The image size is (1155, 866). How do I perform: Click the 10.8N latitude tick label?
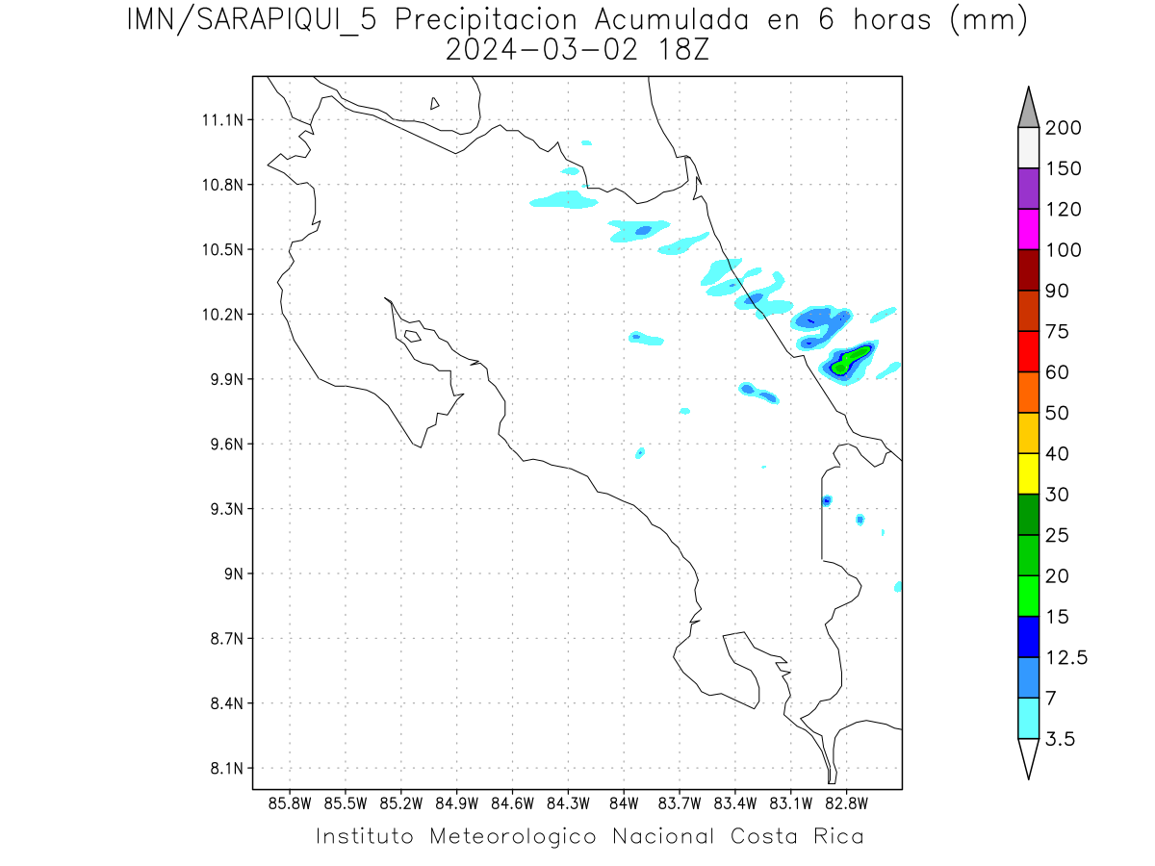(221, 185)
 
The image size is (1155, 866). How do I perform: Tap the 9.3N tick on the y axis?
(221, 509)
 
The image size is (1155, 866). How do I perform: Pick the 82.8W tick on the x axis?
(846, 803)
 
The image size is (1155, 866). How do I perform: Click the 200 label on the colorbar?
(1064, 128)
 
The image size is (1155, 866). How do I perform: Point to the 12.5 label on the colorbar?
(1066, 657)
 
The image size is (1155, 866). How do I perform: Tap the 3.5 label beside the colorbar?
(1060, 739)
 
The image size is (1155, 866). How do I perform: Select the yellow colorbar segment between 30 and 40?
(1028, 473)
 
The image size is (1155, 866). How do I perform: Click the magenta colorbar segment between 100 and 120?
(1028, 229)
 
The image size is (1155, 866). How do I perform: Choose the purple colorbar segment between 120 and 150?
(1028, 189)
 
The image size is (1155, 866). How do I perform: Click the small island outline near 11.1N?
(435, 103)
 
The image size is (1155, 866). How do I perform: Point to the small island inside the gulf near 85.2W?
(412, 336)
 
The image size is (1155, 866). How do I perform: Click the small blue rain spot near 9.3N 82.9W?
(827, 500)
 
